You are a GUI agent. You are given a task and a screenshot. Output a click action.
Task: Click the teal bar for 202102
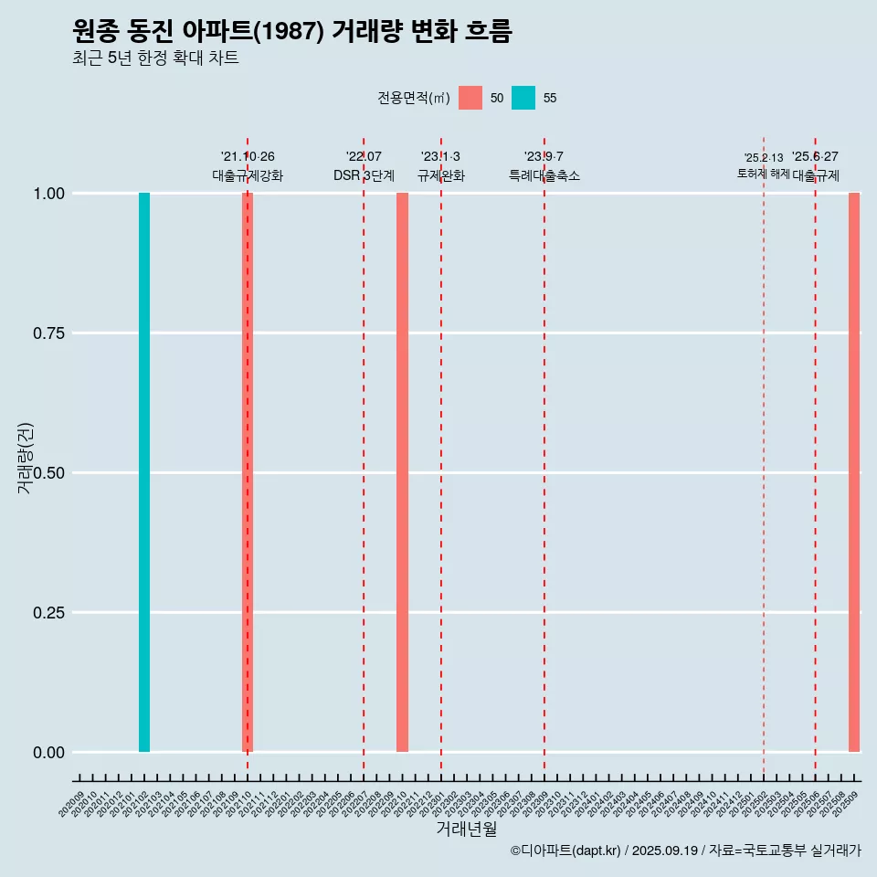click(144, 472)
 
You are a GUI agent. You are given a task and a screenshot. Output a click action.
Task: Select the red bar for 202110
click(248, 472)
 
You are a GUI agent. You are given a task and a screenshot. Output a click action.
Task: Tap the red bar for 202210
click(402, 472)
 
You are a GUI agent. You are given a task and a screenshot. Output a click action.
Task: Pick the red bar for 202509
click(854, 472)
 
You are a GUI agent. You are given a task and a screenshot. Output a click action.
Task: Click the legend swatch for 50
click(470, 98)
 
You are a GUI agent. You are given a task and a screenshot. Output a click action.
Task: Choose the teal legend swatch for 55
click(523, 98)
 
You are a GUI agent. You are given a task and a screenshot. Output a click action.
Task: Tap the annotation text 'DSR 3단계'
click(364, 175)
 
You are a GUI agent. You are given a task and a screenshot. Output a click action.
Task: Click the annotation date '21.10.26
click(248, 157)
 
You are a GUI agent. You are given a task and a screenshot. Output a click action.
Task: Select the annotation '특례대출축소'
click(544, 175)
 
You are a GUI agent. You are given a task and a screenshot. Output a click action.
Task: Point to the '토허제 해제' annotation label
click(764, 174)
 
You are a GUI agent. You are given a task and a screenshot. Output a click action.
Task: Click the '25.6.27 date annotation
click(815, 157)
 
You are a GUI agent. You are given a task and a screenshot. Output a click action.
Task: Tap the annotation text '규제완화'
click(441, 175)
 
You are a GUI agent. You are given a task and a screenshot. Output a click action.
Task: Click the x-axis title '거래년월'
click(467, 829)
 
